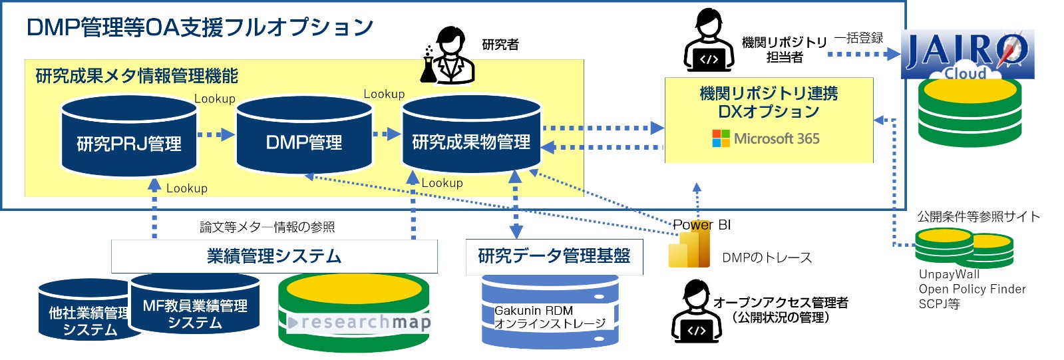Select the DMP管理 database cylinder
tap(304, 136)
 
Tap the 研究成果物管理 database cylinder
tap(471, 136)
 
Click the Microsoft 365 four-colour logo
tap(721, 138)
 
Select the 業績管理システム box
tap(274, 256)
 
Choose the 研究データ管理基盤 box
tap(554, 256)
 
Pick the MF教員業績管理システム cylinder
tap(195, 306)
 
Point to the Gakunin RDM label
tap(534, 311)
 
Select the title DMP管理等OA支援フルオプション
tap(200, 27)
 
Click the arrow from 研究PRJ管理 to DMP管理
tap(216, 134)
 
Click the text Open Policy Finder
tap(972, 289)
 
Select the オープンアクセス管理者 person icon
tap(695, 311)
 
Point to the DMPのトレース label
tap(767, 258)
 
